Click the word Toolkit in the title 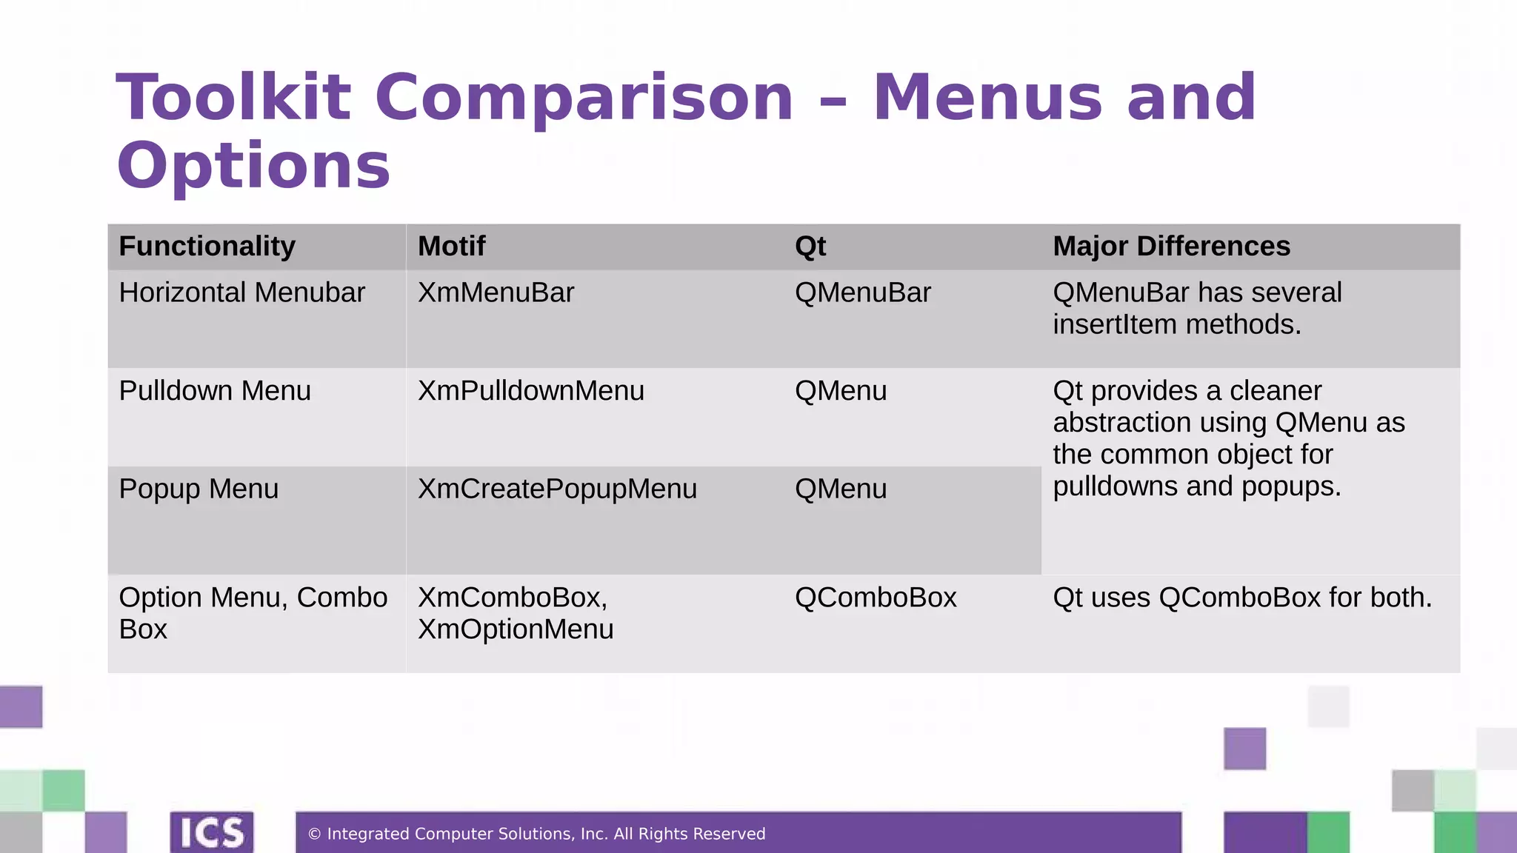pos(233,98)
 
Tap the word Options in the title pos(253,166)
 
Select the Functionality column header pos(207,247)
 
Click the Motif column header pos(451,247)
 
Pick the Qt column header pos(810,247)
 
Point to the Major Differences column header pos(1171,247)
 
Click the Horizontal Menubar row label pos(241,293)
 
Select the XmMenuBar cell pos(496,293)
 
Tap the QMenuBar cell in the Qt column pos(862,293)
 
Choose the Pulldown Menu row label pos(215,391)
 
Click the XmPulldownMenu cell pos(530,391)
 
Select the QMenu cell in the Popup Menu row pos(840,489)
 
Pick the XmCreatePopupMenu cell pos(557,489)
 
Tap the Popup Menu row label pos(199,489)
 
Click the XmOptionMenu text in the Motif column pos(516,629)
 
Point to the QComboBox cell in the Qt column pos(875,598)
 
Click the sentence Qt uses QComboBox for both pos(1242,598)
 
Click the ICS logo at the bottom pos(212,832)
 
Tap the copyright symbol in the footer pos(314,834)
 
